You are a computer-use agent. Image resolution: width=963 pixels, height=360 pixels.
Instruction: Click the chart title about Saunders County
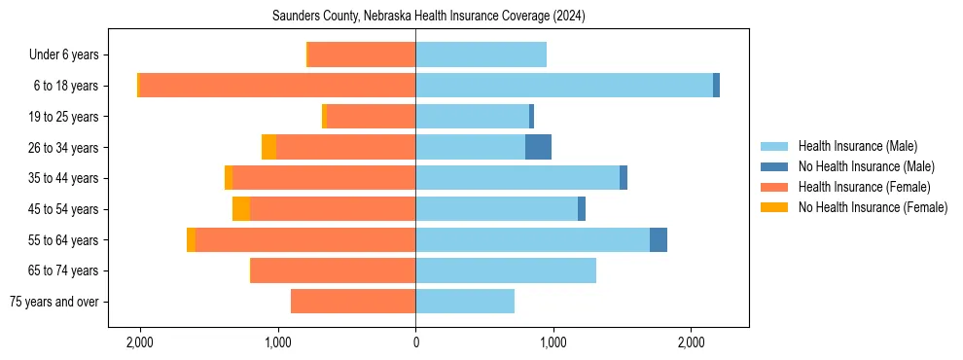414,16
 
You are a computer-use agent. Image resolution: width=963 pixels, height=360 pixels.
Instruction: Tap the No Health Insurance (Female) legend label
873,207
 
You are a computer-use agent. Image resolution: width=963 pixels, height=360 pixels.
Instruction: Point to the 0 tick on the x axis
415,342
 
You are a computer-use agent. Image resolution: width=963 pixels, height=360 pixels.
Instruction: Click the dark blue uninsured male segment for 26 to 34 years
538,147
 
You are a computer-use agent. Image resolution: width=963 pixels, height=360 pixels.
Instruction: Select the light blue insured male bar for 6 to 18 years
564,86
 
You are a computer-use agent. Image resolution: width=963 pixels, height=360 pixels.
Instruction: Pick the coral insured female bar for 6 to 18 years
277,86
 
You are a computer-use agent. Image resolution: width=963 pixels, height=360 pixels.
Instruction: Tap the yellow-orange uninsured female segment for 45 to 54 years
241,209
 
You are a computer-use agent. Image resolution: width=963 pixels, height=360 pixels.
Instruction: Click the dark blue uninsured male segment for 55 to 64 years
659,239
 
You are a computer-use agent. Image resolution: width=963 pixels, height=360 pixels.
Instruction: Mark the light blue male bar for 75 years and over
465,302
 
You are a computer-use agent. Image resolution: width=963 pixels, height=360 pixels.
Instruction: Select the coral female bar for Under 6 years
362,54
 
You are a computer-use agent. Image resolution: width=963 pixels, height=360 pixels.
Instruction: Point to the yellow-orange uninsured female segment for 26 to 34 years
268,147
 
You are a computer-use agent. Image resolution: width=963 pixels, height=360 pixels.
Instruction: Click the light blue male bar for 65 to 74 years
506,270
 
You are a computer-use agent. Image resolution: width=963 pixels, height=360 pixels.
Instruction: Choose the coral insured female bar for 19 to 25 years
371,117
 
